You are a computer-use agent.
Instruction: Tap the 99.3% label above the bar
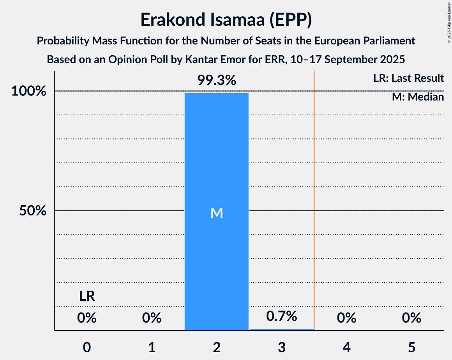tap(216, 81)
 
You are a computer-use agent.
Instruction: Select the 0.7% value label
tap(281, 316)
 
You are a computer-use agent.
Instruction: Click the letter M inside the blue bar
tap(217, 213)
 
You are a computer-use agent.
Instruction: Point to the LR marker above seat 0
tap(87, 296)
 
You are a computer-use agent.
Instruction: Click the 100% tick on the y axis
tap(29, 92)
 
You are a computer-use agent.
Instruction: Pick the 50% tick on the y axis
tap(31, 211)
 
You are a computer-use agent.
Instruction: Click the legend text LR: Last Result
tap(408, 78)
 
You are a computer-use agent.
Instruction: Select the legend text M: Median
tap(418, 97)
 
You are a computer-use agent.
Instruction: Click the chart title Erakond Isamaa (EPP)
tap(226, 20)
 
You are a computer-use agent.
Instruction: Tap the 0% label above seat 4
tap(346, 318)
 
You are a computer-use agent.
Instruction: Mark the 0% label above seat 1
tap(152, 318)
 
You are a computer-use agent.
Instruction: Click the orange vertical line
tap(314, 195)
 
